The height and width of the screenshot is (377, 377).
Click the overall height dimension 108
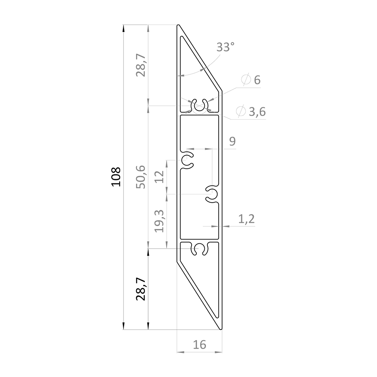(116, 177)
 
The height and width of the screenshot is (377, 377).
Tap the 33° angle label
(225, 47)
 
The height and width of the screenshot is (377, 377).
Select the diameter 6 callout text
(251, 79)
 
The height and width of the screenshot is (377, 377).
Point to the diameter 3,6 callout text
(251, 111)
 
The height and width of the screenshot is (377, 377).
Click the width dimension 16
(199, 345)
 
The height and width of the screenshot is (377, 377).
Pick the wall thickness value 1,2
(247, 219)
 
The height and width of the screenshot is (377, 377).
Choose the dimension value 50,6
(141, 177)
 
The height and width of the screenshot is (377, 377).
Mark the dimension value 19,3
(159, 221)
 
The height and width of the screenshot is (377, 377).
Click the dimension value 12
(159, 177)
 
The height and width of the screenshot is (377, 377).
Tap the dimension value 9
(232, 141)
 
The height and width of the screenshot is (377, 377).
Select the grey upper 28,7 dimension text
(141, 65)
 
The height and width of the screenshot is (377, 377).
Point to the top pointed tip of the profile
(178, 25)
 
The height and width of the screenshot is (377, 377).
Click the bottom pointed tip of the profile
(221, 329)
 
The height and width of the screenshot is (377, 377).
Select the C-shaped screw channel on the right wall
(212, 194)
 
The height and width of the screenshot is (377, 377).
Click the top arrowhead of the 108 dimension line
(123, 29)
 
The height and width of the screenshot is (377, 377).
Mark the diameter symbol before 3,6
(241, 111)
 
